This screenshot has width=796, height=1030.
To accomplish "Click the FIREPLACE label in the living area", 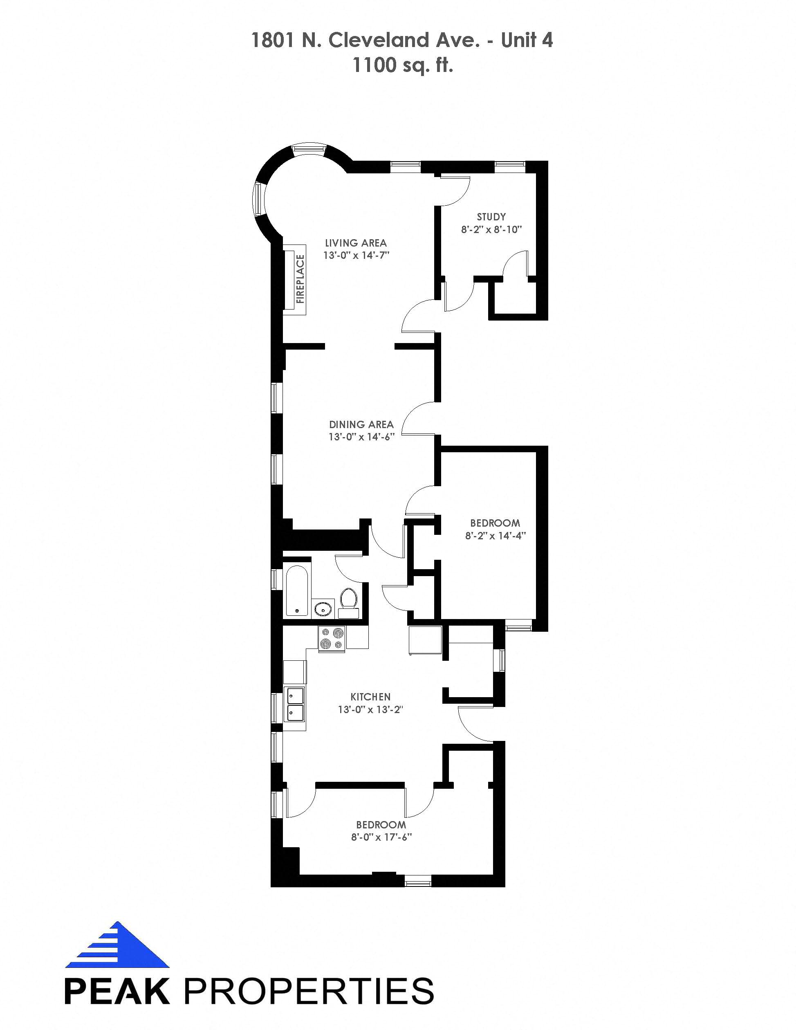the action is tap(300, 279).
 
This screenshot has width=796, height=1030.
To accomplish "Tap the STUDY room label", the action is tap(491, 217).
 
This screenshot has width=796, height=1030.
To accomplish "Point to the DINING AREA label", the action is tap(361, 424).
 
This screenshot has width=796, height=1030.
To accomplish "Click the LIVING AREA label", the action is tap(356, 243).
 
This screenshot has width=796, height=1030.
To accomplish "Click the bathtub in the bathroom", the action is tap(297, 591).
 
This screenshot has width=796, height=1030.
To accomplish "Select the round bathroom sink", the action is tap(323, 609).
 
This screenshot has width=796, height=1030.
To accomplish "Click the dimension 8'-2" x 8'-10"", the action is tap(491, 230).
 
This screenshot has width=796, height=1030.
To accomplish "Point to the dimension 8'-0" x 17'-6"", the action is tap(381, 837).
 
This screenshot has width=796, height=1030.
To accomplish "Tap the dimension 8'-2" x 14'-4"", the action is tap(495, 535).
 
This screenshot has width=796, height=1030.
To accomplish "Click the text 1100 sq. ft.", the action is tap(403, 65).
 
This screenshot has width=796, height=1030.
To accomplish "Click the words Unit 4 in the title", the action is tap(527, 40).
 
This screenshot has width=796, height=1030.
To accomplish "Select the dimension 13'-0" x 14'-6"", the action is tap(361, 437).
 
